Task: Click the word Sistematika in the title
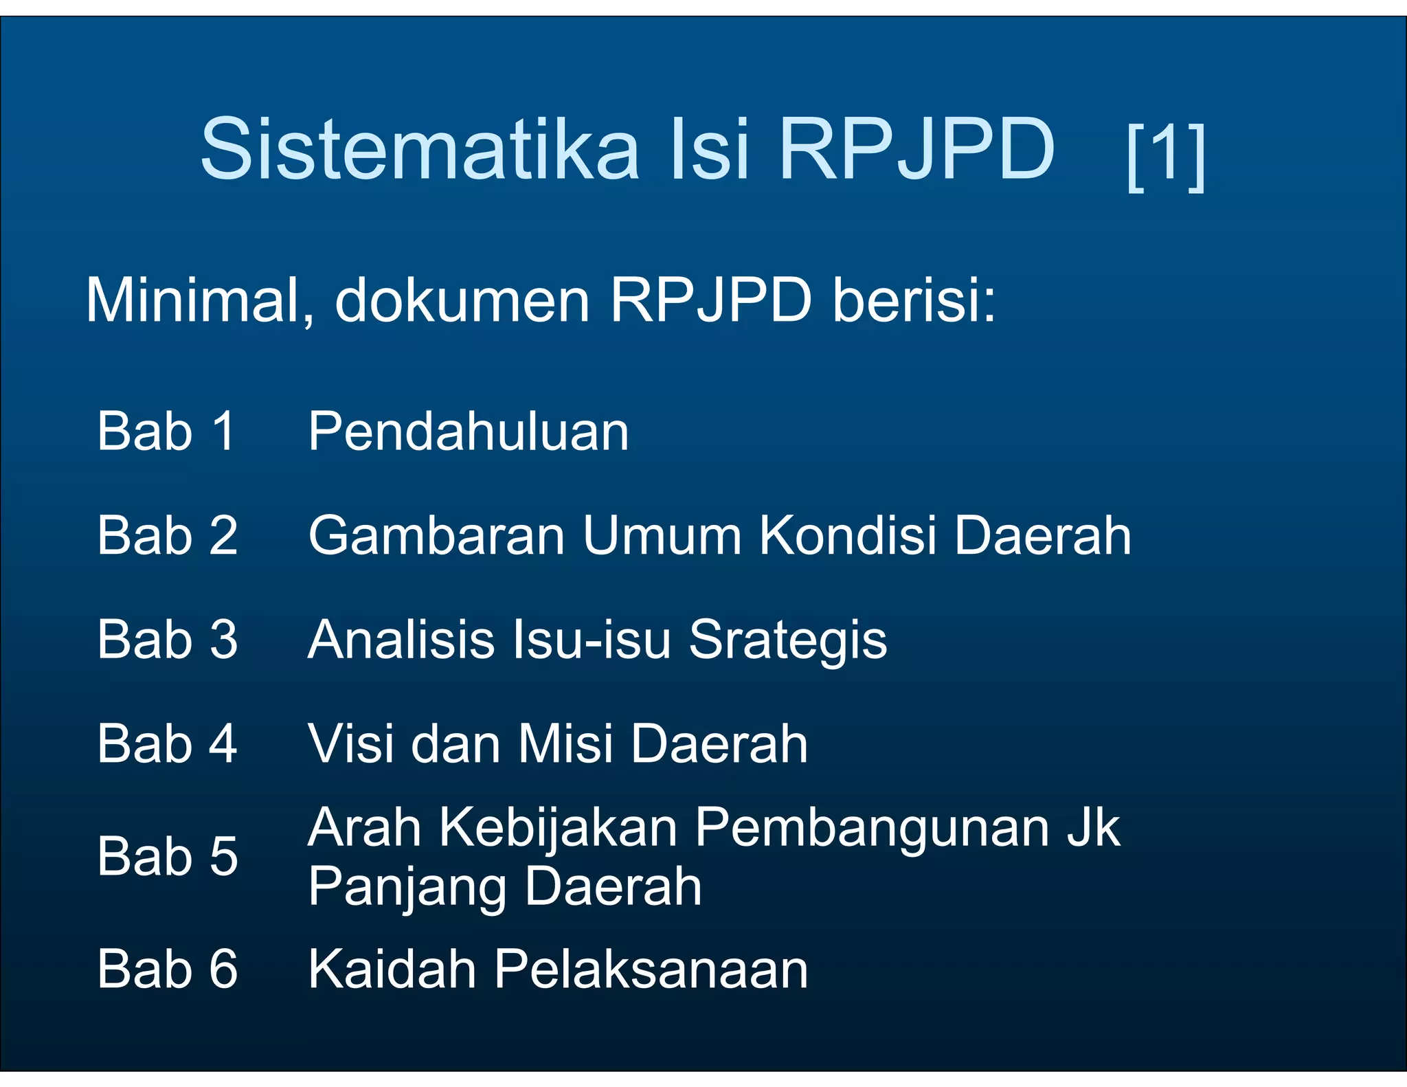[x=420, y=149]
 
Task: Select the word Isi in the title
[x=710, y=149]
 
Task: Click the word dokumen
[x=462, y=301]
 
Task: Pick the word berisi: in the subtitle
[x=914, y=301]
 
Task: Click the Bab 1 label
[x=167, y=432]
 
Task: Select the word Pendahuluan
[x=468, y=432]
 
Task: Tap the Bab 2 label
[x=167, y=535]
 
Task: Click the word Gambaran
[x=436, y=535]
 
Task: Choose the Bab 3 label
[x=167, y=640]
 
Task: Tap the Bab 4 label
[x=167, y=743]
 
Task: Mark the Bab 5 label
[x=167, y=856]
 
